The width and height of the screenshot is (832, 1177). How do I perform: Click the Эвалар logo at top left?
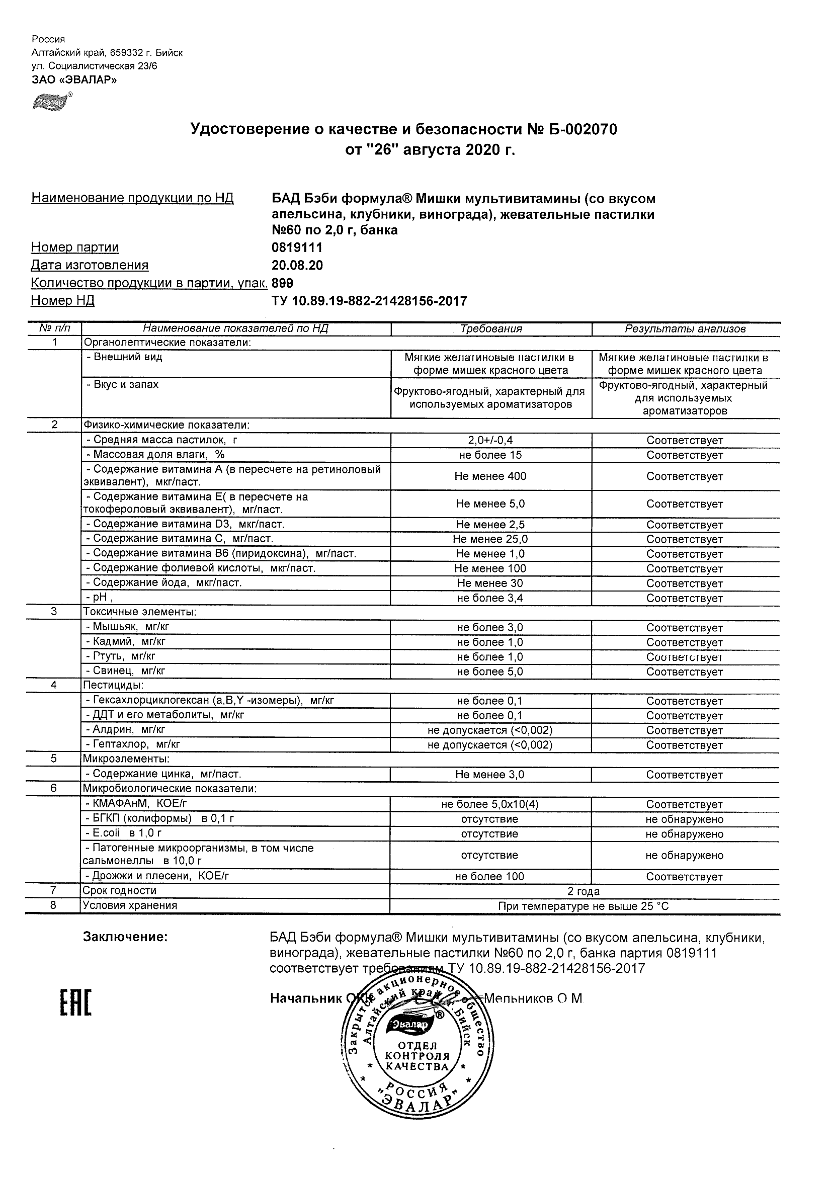click(52, 102)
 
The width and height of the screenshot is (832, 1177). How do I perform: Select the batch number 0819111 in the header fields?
click(297, 247)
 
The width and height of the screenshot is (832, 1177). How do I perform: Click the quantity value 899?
click(283, 283)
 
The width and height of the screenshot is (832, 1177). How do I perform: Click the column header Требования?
click(490, 329)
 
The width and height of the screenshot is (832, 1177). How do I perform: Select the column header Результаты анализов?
click(685, 329)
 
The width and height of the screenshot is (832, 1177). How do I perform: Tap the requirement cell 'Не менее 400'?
click(490, 476)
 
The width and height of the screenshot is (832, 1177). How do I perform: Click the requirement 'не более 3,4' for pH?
click(490, 598)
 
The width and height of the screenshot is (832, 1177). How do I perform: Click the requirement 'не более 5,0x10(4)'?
click(489, 804)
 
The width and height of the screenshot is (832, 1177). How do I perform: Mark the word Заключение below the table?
click(125, 937)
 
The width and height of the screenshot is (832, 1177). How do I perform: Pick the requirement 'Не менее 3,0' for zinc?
click(489, 775)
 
